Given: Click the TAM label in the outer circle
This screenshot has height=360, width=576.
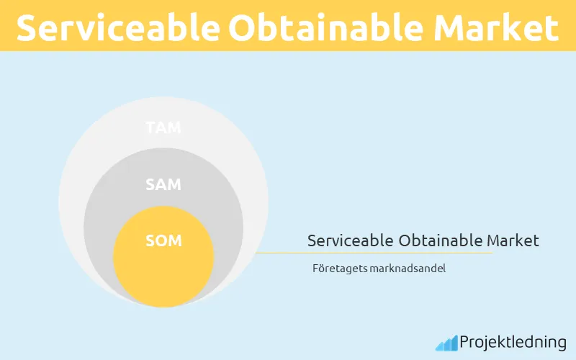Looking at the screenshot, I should tap(163, 128).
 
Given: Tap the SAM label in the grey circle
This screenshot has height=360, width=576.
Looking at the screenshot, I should tap(163, 184).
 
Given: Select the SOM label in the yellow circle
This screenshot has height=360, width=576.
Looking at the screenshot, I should tap(163, 240).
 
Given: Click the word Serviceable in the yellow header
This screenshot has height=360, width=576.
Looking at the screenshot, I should tap(116, 28).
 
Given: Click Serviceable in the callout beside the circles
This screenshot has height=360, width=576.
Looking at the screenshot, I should tap(349, 240).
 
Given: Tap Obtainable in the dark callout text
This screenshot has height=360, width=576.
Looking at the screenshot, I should tap(439, 240).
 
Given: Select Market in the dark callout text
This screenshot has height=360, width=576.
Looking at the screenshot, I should tap(513, 240).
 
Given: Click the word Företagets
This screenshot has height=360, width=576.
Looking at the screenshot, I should tap(336, 269).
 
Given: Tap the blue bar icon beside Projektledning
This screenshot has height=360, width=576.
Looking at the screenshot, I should tap(446, 343).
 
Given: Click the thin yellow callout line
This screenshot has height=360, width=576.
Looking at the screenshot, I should tap(374, 253).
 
